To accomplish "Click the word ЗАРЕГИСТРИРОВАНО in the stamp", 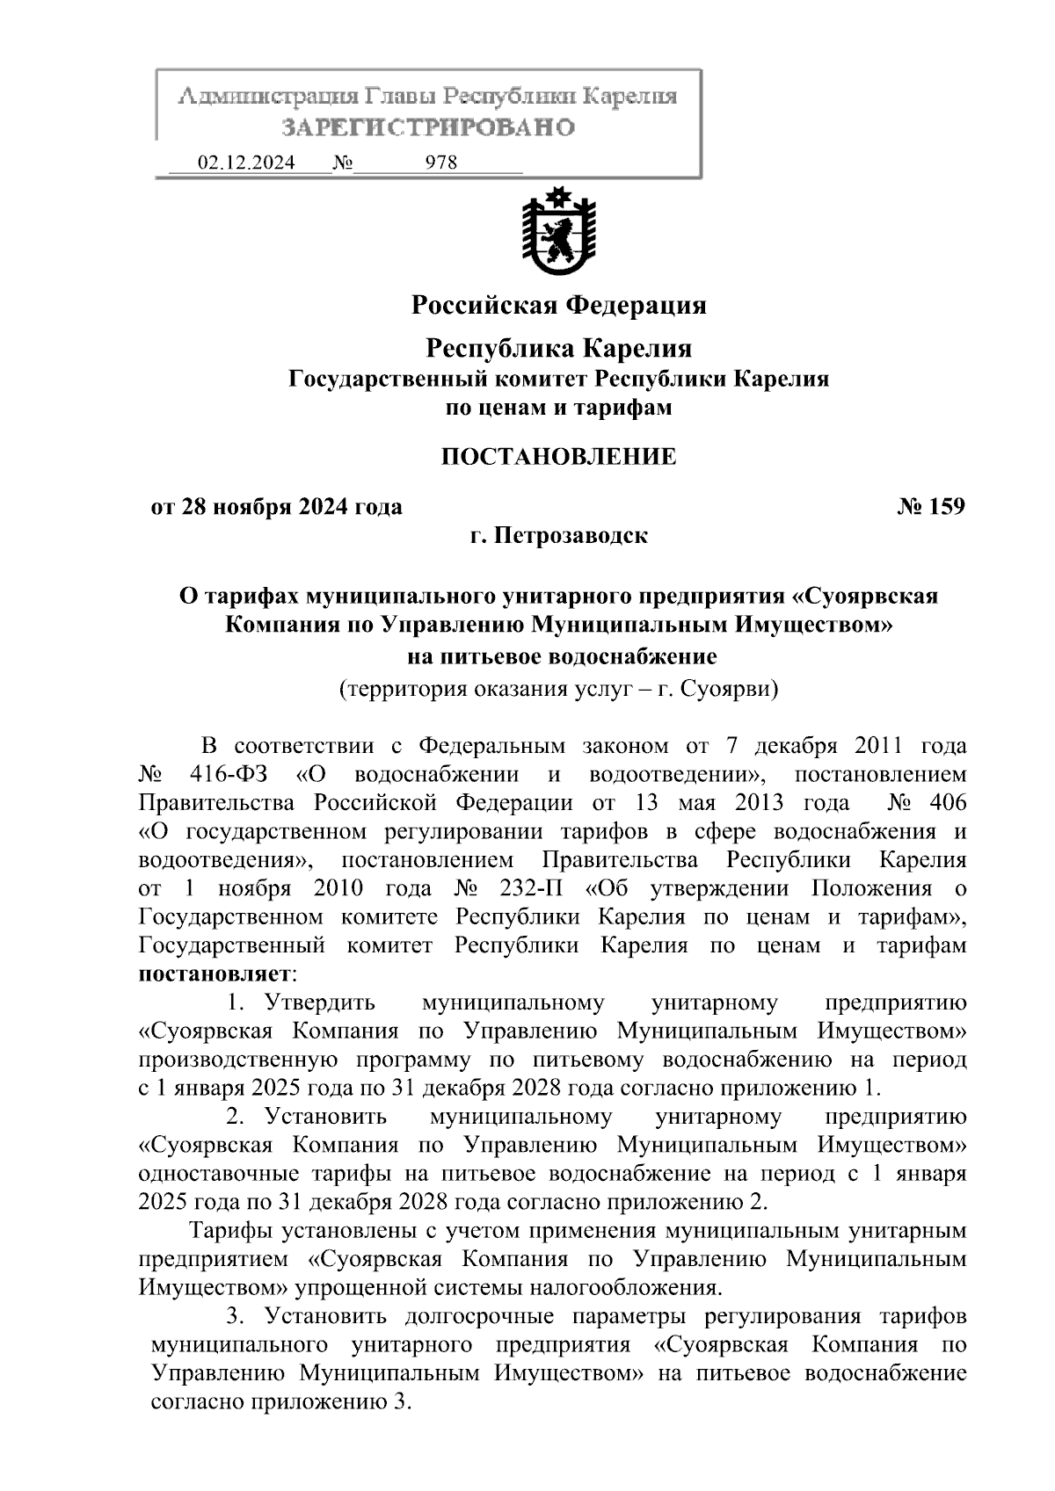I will coord(428,127).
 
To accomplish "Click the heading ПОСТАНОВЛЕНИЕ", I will coord(558,457).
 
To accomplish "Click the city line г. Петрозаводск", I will coord(558,535).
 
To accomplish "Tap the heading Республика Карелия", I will coord(559,348).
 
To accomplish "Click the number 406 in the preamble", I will coord(946,803).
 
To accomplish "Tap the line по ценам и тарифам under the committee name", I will coord(559,408).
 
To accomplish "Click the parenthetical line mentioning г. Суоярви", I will coord(559,688).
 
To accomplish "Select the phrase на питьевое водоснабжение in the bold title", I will coord(559,656).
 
